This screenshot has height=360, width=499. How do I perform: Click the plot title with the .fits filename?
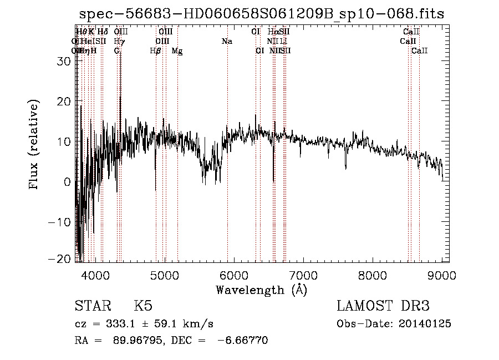pyautogui.click(x=261, y=14)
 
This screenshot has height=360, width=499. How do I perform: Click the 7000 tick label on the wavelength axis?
pyautogui.click(x=302, y=275)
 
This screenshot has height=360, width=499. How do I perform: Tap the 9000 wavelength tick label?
pyautogui.click(x=441, y=275)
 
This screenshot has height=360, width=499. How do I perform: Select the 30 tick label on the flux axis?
pyautogui.click(x=64, y=62)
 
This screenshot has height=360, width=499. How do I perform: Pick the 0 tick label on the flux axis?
pyautogui.click(x=67, y=182)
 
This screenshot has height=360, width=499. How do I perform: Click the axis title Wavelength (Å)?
pyautogui.click(x=261, y=289)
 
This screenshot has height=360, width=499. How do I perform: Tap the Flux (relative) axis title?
pyautogui.click(x=34, y=145)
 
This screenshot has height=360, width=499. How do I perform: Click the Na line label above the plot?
pyautogui.click(x=227, y=42)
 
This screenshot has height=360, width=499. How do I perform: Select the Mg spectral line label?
pyautogui.click(x=177, y=51)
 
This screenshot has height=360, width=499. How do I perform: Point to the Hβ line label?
pyautogui.click(x=156, y=51)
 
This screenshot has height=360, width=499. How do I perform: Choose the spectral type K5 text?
pyautogui.click(x=143, y=306)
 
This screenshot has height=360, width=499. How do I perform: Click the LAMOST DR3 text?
pyautogui.click(x=383, y=306)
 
